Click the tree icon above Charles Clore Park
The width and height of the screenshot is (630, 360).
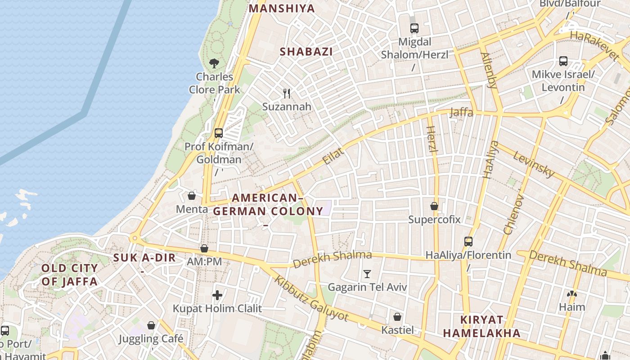214,63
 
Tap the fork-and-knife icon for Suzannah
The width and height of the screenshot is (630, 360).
286,93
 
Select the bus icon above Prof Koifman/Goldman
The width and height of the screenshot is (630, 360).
219,133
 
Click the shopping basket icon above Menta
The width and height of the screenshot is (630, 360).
192,196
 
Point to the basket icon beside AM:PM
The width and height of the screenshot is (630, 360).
204,248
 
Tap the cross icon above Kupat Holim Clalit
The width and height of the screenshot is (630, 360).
217,295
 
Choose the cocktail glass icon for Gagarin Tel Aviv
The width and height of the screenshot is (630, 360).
367,274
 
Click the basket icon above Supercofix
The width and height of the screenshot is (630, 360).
434,206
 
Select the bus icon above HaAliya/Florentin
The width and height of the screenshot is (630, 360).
468,242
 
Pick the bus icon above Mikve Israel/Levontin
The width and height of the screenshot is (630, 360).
563,61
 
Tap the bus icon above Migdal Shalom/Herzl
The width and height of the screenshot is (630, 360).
414,28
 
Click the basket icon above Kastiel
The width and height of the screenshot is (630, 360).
397,317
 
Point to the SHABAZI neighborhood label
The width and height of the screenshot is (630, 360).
306,52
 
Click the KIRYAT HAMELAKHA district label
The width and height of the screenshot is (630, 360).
482,327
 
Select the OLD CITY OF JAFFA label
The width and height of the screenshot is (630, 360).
69,275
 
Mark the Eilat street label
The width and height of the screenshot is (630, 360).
333,156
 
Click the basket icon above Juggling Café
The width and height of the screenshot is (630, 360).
152,325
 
